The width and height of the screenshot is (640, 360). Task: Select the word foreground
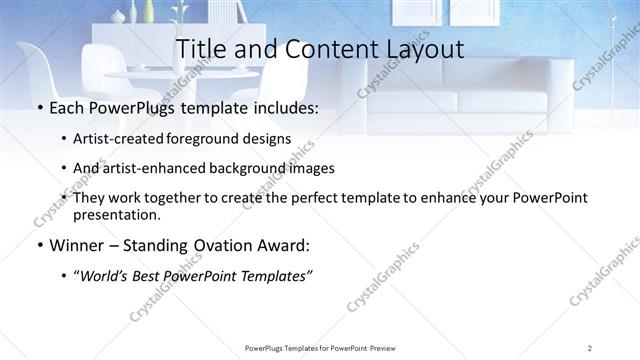212,139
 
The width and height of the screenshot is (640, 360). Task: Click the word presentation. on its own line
116,214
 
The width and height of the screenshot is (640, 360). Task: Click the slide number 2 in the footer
590,347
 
